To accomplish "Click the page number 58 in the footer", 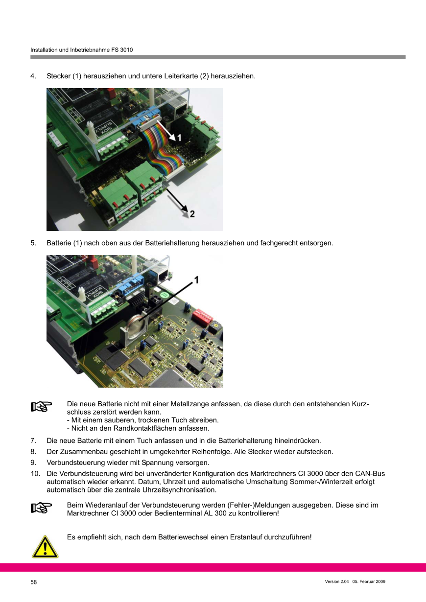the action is [34, 582].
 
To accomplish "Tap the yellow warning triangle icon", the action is [45, 546].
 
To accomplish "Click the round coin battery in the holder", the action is [137, 326].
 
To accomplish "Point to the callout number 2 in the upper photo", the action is [192, 214].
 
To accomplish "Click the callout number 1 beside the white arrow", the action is [179, 138].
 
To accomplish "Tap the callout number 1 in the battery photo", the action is [196, 280].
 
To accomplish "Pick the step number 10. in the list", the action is [35, 474].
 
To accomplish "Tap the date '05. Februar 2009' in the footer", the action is [369, 581].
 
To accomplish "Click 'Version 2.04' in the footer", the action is [337, 581].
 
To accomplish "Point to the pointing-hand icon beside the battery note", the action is [41, 406].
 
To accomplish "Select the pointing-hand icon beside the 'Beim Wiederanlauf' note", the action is [41, 508].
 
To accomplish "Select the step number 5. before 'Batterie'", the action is [33, 243].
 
